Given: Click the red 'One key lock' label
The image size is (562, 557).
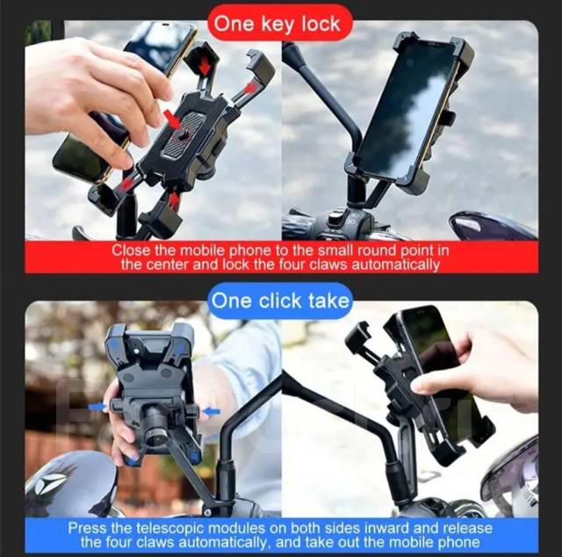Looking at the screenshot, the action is pos(280,24).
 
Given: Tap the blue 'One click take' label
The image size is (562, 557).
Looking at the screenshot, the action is pos(280,300).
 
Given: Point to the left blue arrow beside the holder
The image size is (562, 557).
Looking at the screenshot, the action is pos(97,408).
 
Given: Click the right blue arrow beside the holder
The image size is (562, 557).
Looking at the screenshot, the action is pos(211,411).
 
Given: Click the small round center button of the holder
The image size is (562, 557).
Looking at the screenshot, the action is pos(184,134).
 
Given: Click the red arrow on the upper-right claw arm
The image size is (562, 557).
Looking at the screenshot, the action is pos(252,88).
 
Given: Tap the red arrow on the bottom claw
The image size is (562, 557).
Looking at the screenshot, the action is pos(174,201).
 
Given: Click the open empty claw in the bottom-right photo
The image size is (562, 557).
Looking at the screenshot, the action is pos(358,338).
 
